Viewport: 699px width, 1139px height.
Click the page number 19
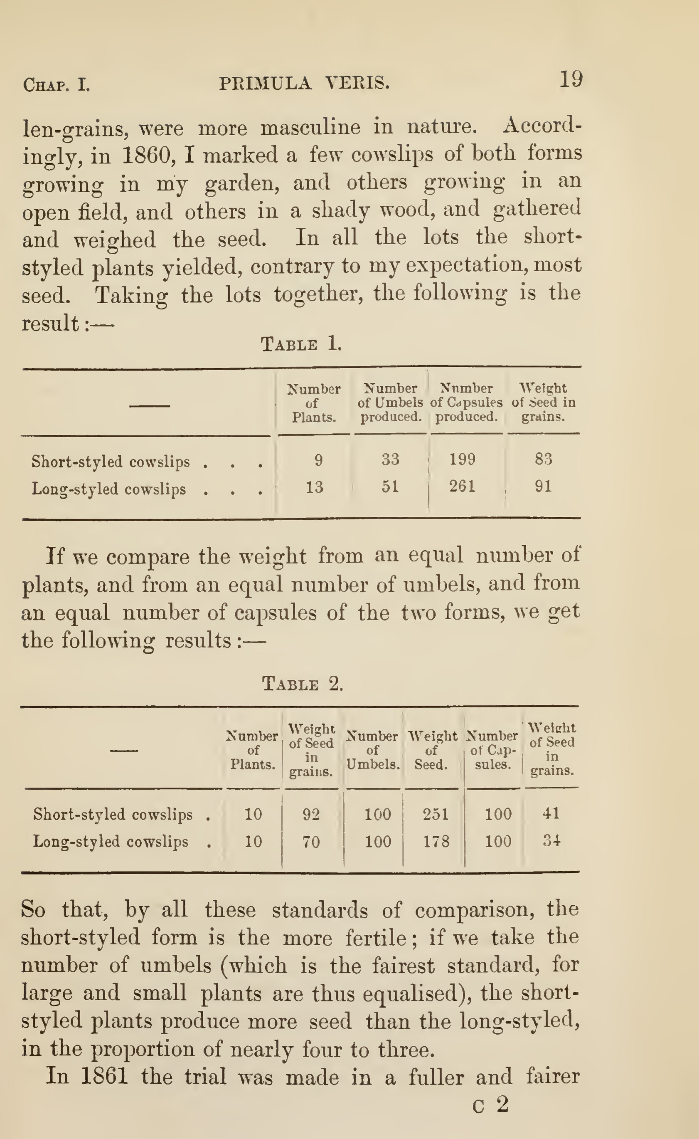coord(571,79)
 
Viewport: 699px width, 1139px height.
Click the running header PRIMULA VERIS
coord(304,83)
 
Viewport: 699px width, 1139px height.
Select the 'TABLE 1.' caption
coord(301,344)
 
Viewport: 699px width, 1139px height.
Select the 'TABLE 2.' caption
coord(303,683)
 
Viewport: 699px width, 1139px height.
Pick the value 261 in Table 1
coord(462,486)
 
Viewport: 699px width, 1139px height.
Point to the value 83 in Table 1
coord(543,459)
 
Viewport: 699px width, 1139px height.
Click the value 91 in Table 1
coord(543,486)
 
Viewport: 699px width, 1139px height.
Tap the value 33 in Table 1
coord(390,459)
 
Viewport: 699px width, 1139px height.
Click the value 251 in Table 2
coord(436,814)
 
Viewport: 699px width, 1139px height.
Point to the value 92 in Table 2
coord(311,814)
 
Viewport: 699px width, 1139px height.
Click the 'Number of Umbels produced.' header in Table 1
coord(391,403)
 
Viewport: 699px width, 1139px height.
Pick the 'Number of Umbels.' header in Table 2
coord(373,750)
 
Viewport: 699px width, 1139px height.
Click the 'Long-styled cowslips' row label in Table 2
coord(111,842)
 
